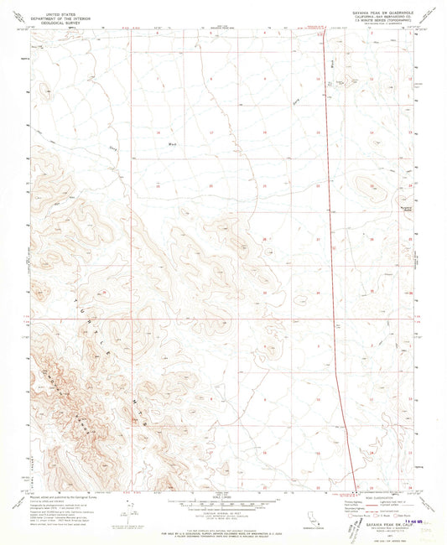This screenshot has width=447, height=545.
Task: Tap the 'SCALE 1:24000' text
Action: [222, 495]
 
